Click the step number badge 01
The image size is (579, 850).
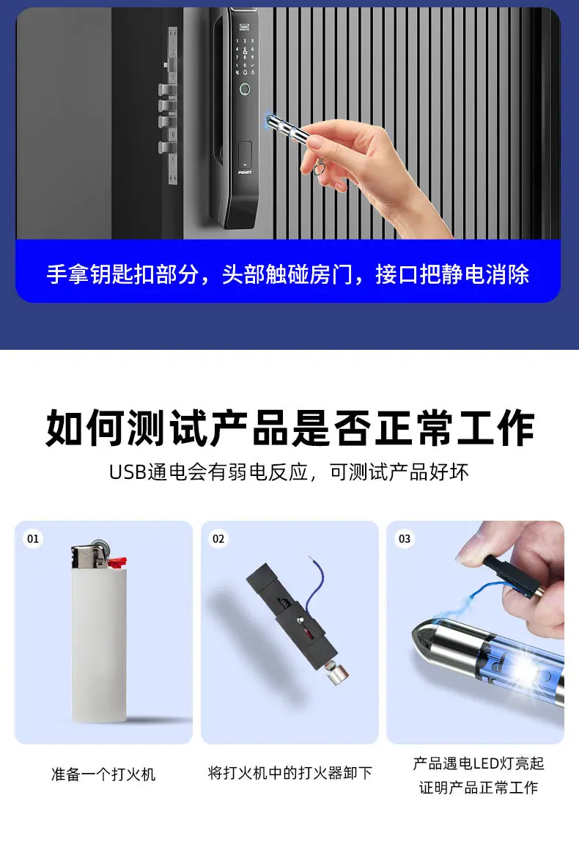tap(33, 539)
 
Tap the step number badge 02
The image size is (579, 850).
tap(218, 539)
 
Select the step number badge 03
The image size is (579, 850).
tap(405, 539)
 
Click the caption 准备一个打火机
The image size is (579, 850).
tap(103, 774)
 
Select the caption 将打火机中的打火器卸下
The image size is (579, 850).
tap(289, 772)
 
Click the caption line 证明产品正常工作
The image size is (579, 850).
tap(479, 787)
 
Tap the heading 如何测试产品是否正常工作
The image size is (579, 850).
tap(289, 428)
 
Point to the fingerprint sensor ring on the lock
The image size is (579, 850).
tap(246, 89)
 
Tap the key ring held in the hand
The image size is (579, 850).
tap(319, 166)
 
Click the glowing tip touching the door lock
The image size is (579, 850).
tap(270, 120)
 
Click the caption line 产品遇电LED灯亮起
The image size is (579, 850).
tap(479, 763)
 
